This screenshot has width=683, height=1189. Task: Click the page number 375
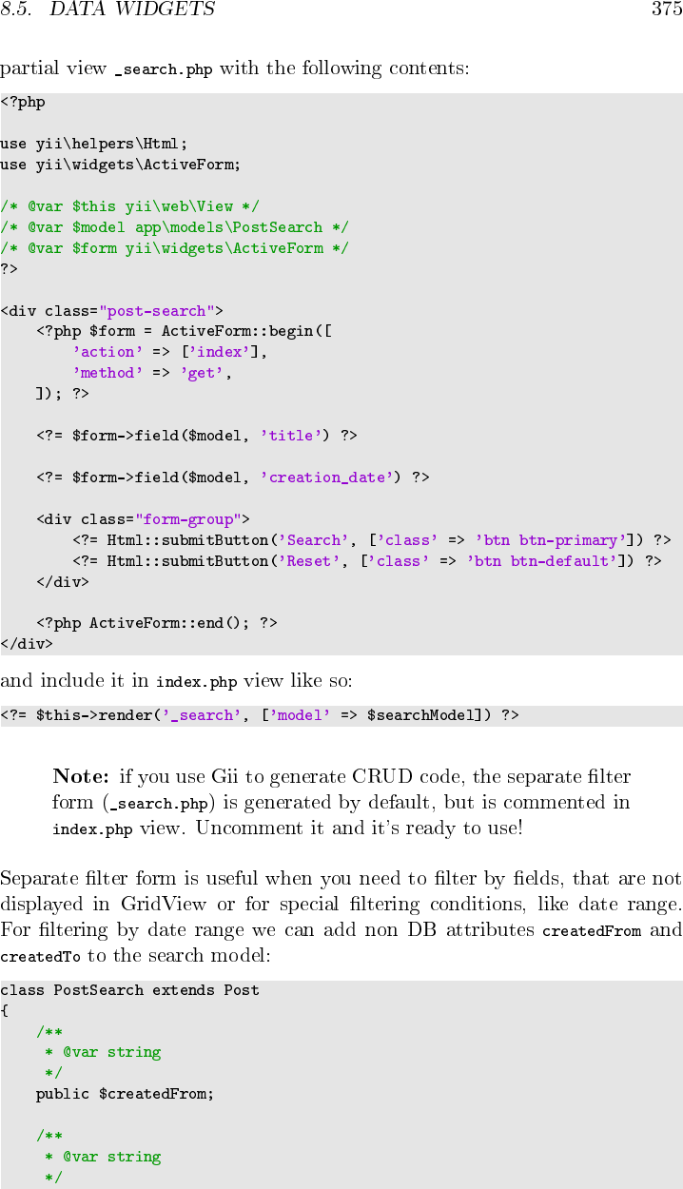(666, 10)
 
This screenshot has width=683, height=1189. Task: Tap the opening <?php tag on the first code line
(23, 103)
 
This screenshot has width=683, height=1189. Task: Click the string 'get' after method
(206, 373)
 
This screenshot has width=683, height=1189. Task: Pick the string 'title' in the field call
(291, 436)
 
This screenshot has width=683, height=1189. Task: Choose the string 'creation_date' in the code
(327, 478)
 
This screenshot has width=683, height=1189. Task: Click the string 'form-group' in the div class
(188, 519)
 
